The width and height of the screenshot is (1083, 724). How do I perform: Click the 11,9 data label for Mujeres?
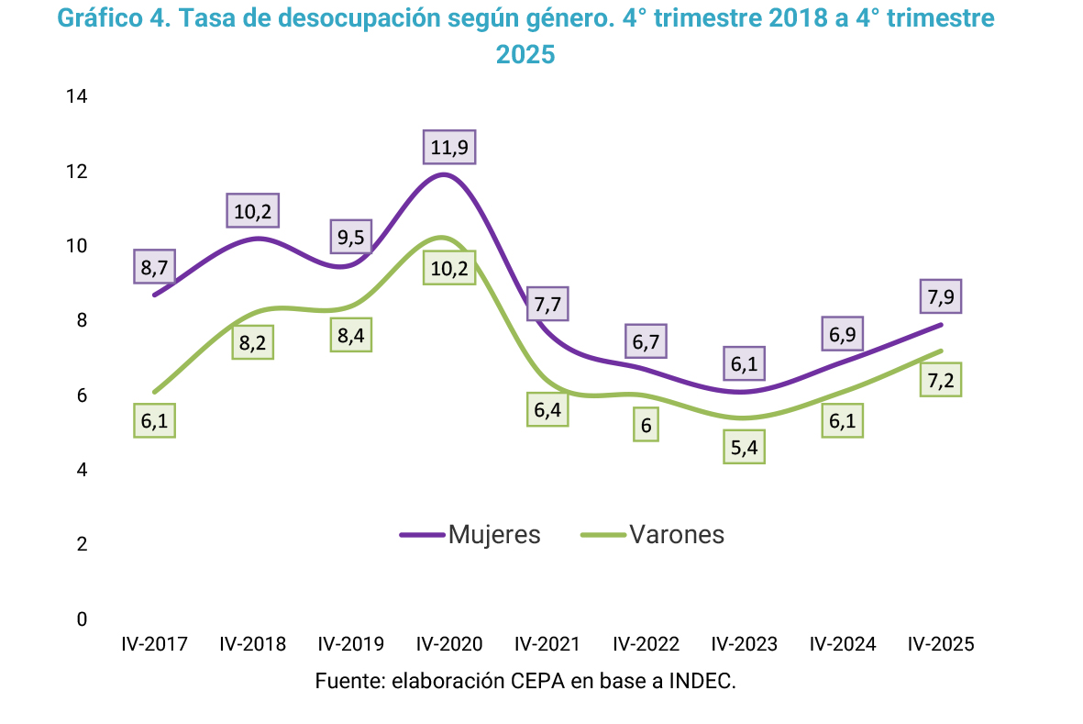pos(449,147)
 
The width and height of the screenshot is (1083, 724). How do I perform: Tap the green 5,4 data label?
pos(744,447)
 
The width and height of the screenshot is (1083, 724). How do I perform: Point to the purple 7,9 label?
pos(941,297)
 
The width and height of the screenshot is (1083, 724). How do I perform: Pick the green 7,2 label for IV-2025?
pos(941,379)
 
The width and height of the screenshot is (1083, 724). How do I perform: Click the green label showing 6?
pos(646,425)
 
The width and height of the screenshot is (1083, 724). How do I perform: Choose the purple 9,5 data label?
pos(350,238)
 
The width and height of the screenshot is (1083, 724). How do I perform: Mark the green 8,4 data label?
pos(350,335)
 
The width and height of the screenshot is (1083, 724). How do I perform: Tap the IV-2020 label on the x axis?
pos(449,644)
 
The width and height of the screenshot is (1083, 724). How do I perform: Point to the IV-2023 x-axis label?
pos(744,644)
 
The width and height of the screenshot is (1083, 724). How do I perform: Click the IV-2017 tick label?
pos(154,644)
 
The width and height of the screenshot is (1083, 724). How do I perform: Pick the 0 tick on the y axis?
pos(82,619)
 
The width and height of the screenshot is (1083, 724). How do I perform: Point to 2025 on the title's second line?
pos(525,55)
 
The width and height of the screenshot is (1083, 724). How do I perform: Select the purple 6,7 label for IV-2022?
pos(646,341)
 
